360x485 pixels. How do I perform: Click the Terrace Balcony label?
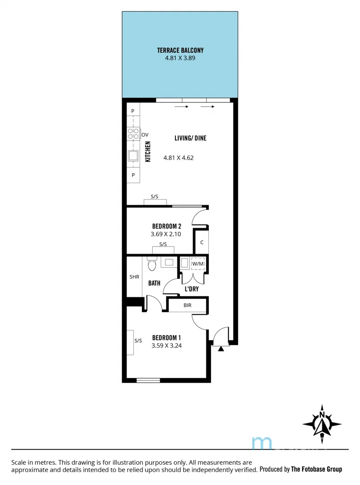point(180,51)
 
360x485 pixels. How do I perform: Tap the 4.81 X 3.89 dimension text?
point(180,58)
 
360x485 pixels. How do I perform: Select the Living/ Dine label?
point(190,138)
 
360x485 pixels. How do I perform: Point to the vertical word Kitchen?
point(147,152)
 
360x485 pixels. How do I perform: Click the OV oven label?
point(145,134)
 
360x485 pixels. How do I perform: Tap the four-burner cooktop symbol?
point(133,133)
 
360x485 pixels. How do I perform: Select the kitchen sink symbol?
point(133,156)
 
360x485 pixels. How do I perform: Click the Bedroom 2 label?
point(167,226)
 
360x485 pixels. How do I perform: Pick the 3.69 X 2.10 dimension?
point(167,234)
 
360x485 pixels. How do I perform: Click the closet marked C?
point(202,242)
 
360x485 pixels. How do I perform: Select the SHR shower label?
point(134,277)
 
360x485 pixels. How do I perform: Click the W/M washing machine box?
point(198,264)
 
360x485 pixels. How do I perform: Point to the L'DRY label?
point(192,289)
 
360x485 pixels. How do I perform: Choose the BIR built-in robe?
point(188,305)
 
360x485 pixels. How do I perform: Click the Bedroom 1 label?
point(167,338)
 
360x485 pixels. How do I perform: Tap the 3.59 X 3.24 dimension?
point(167,346)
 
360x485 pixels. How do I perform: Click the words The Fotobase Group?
point(316,469)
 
